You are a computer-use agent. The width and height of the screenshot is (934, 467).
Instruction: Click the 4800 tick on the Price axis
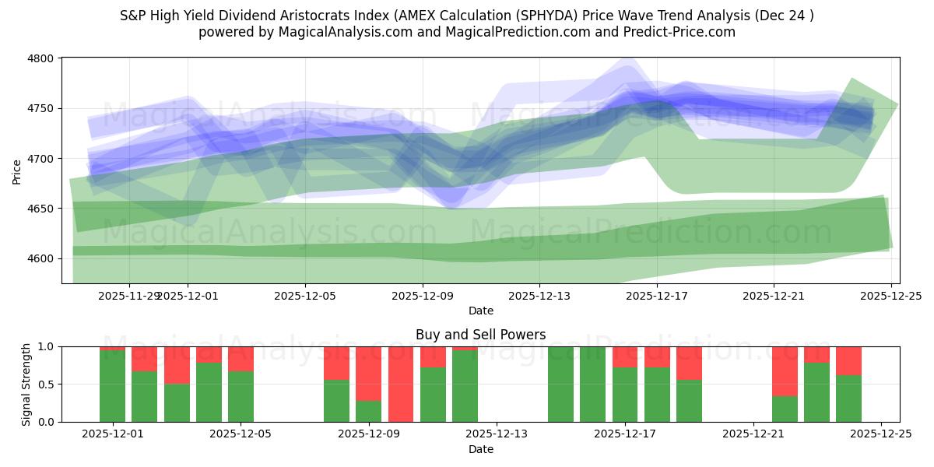click(40, 58)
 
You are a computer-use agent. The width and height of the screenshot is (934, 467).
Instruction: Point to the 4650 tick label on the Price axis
click(40, 209)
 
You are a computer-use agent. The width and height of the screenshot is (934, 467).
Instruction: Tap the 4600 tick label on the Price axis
click(40, 258)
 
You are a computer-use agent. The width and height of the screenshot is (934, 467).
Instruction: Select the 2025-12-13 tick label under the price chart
click(539, 296)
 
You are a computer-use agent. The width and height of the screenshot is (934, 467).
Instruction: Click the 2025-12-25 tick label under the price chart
click(890, 296)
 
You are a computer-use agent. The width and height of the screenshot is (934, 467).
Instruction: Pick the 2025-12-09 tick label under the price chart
click(423, 296)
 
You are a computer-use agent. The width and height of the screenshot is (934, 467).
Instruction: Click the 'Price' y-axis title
click(17, 170)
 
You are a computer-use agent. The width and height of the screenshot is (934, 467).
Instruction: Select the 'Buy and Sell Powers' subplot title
click(480, 335)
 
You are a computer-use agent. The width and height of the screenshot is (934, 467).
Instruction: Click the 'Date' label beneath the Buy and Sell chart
click(480, 449)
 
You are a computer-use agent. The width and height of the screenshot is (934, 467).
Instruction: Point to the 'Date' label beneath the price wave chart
click(480, 311)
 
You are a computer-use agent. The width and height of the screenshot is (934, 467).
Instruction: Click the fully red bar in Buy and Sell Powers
click(401, 384)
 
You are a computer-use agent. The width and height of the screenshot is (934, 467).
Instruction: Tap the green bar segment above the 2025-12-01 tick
click(112, 386)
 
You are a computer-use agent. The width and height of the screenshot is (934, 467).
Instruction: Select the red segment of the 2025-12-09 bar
click(369, 374)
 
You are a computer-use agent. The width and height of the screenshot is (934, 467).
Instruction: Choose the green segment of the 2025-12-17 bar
click(625, 395)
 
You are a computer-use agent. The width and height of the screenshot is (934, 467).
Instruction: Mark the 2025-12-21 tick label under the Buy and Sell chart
click(753, 434)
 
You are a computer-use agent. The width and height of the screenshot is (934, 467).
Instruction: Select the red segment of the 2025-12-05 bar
click(241, 359)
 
